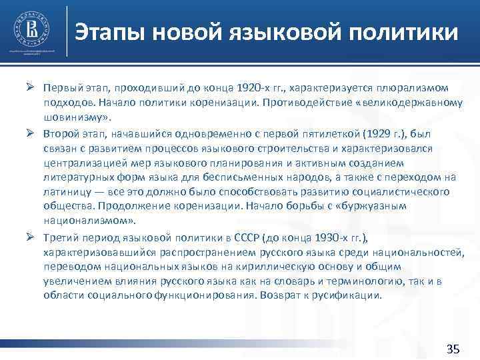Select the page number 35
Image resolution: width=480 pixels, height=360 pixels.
point(453,349)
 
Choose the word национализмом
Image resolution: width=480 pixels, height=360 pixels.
point(83,221)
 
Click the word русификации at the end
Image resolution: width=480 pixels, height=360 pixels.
point(350,295)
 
